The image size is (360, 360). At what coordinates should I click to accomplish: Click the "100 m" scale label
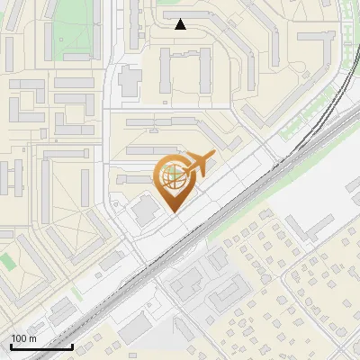click(23, 338)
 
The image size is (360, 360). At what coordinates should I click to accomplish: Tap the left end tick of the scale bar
click(11, 346)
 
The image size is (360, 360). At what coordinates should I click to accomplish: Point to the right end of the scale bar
click(72, 346)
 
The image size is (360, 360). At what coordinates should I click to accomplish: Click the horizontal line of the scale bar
click(41, 347)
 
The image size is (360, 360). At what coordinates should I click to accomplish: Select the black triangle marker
click(181, 24)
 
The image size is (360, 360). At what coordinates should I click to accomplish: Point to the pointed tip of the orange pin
click(172, 211)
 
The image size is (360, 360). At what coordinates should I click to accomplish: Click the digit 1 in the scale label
click(14, 338)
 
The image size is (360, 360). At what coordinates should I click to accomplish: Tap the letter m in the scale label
click(32, 339)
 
